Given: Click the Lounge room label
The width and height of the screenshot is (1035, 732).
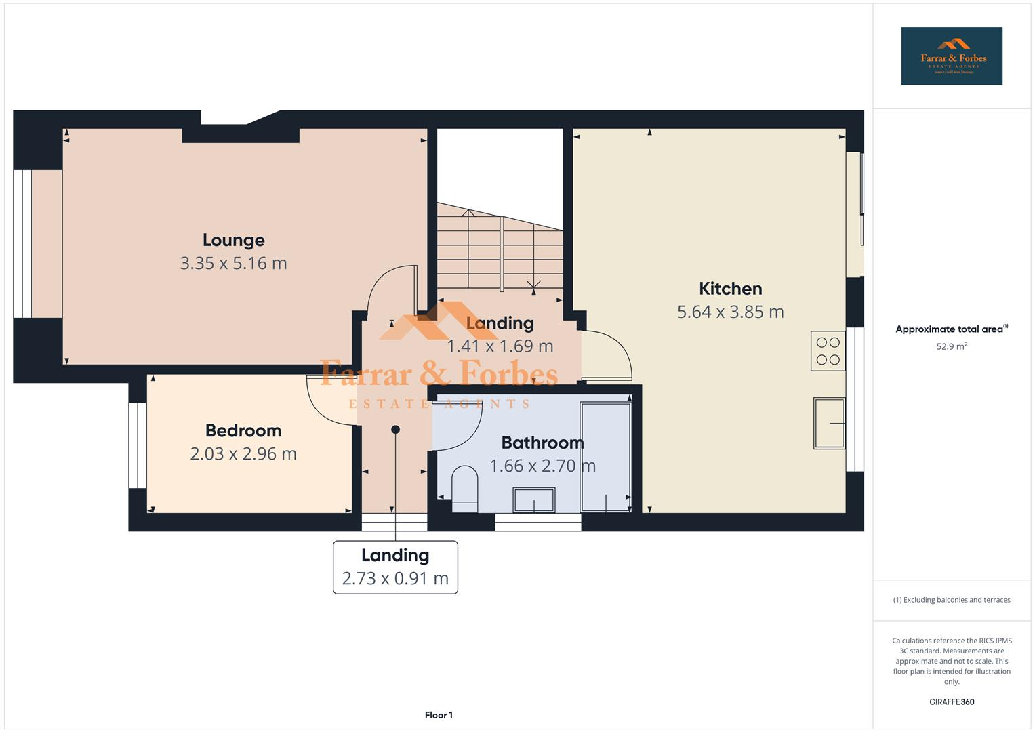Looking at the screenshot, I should pos(233,240).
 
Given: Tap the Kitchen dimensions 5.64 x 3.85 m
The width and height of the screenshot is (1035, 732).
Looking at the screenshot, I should pos(730,312).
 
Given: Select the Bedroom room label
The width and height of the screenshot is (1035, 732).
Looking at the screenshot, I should pos(243,430).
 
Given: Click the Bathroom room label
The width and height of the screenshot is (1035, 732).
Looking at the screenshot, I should pos(542,443).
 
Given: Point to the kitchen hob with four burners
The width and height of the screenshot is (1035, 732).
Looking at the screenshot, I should pos(828,351).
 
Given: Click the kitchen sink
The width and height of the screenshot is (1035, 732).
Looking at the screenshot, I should pos(829,424).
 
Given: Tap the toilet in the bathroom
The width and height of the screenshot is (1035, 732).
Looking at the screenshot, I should pos(464,489).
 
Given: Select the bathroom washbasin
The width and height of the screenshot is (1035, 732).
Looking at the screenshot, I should pos(534,500).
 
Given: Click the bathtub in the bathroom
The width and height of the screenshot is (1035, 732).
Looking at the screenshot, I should pos(605,457).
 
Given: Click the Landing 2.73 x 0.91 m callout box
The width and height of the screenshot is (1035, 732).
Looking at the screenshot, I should pos(395,567).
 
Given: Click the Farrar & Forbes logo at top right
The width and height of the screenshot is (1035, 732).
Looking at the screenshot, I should pos(951,56).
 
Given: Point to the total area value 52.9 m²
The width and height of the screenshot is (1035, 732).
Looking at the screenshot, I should pos(951,346).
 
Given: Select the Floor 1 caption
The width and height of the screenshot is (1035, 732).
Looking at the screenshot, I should pos(439,715).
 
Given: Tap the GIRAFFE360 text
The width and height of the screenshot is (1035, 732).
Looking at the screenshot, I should pos(951,702).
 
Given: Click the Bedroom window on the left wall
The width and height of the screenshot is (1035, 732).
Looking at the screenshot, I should pos(138,445).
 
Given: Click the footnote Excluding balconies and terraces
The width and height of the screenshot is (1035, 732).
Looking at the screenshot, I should pos(951,600).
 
